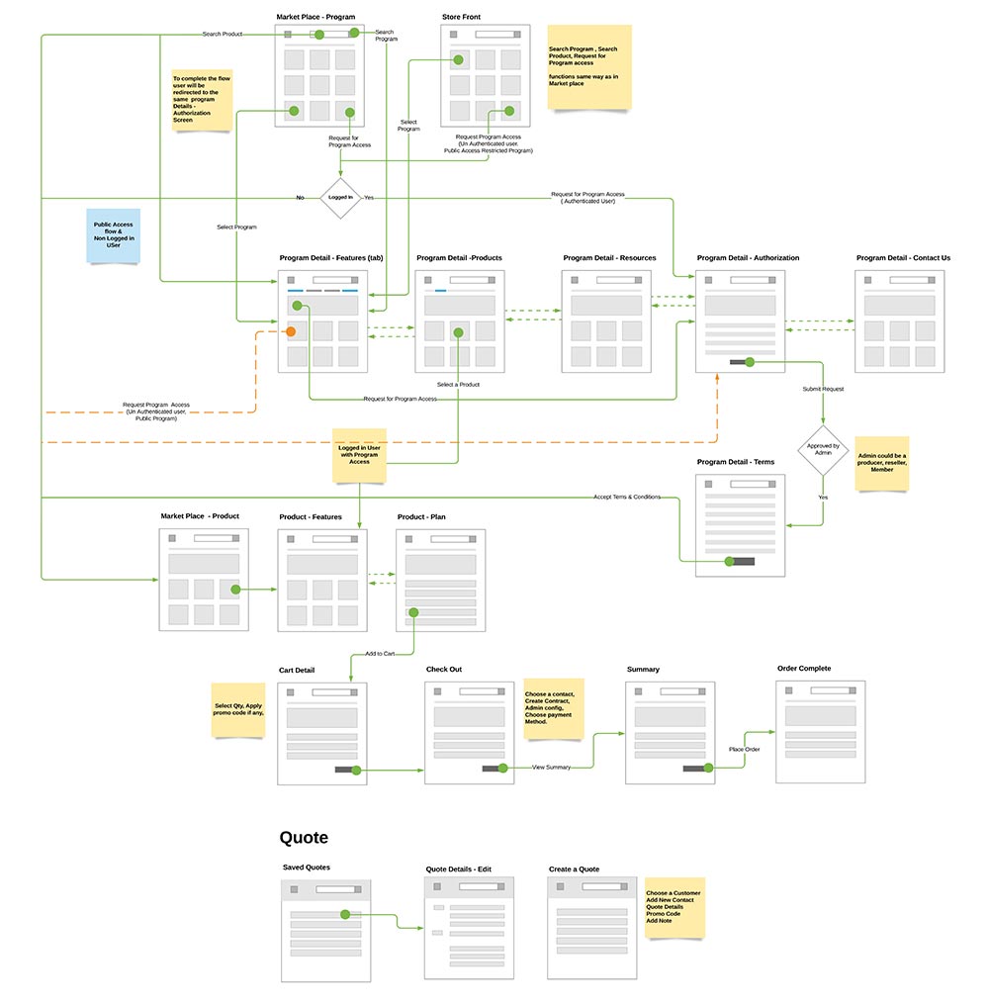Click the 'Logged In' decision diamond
pos(340,198)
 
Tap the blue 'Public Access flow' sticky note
pos(114,234)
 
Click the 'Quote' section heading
pos(304,838)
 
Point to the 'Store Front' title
pos(461,17)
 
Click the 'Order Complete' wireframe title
pos(804,669)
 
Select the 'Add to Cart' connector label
pos(381,654)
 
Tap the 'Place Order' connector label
pos(744,749)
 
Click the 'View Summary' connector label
pos(551,767)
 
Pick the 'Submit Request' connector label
pos(823,389)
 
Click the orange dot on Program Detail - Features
pos(291,331)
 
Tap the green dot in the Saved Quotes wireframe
pos(345,915)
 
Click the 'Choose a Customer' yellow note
pos(674,907)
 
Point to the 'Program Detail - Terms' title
pos(736,462)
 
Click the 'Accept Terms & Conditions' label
pos(627,497)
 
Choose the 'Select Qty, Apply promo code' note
pos(238,708)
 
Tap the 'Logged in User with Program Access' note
pos(359,454)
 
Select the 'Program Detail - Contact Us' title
pos(903,258)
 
